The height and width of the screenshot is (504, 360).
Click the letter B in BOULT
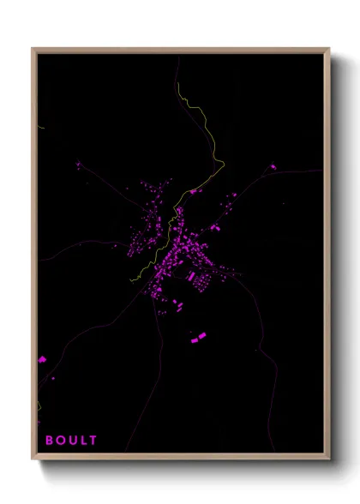point(49,441)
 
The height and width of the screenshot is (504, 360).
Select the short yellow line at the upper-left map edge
point(40,128)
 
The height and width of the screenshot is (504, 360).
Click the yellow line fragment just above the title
point(39,407)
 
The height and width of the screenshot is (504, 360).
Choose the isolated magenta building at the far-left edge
point(41,360)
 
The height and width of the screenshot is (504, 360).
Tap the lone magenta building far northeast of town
point(273,166)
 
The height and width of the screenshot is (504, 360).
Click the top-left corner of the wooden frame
point(33,49)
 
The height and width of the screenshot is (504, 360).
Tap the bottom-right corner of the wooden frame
point(329,459)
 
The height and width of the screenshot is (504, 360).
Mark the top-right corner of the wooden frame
point(329,49)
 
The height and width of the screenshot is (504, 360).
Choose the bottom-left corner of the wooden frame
point(33,459)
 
